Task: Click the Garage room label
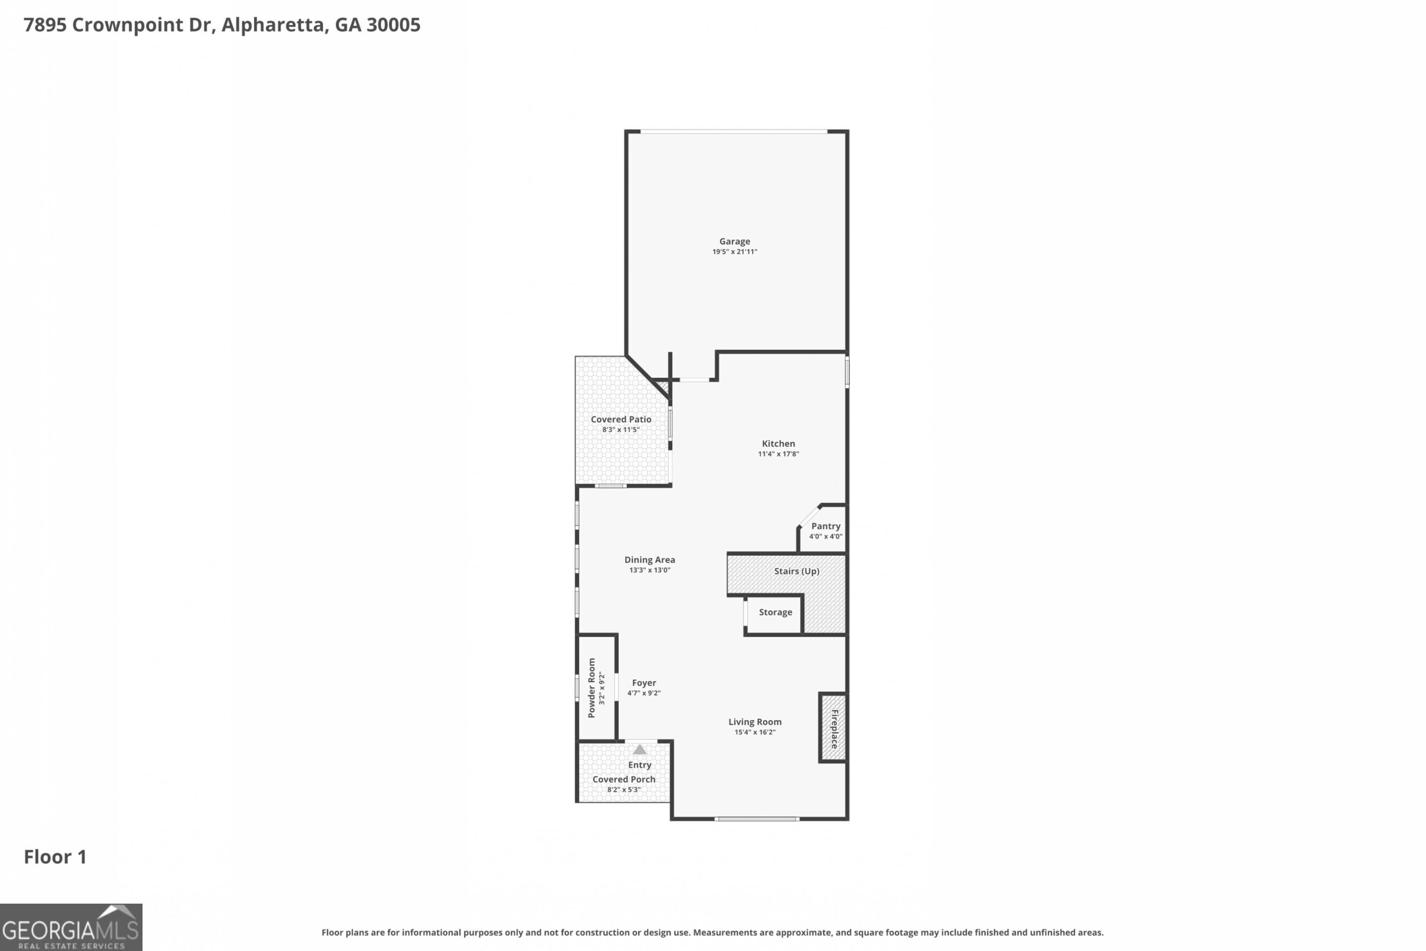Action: pos(734,241)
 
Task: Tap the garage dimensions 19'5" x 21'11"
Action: pos(734,252)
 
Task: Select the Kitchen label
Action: pos(778,443)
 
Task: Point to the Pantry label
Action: pos(825,526)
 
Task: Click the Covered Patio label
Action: pos(621,419)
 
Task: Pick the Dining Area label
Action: pos(649,560)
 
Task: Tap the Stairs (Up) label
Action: pos(796,571)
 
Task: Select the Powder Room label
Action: pos(592,688)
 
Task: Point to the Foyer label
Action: pos(643,683)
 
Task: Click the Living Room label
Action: pos(754,722)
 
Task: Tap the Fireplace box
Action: pos(833,728)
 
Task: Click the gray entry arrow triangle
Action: pos(640,749)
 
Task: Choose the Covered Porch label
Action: pos(623,779)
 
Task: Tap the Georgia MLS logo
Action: pos(71,927)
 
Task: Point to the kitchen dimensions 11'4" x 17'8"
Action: pos(778,454)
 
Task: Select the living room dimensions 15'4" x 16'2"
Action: pos(754,732)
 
